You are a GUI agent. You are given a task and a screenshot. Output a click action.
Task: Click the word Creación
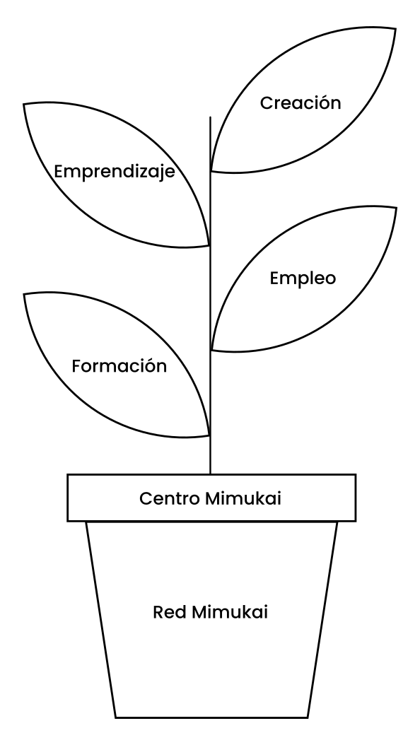coord(301,102)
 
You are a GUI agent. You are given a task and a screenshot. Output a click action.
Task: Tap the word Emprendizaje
coord(115,172)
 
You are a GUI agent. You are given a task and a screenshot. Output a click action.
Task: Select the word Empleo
coord(303,278)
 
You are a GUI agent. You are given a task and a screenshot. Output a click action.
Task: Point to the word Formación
coord(119,366)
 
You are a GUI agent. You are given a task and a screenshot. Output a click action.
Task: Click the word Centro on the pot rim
coord(170,498)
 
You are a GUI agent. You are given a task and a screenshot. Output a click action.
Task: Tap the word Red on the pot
coord(170,612)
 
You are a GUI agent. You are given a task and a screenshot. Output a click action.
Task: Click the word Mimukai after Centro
coord(244,498)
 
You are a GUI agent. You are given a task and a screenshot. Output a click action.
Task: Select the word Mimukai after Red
coord(230,612)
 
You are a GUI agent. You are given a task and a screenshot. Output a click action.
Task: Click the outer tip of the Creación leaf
coord(395,28)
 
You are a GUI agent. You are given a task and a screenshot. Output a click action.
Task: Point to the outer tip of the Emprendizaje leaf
coord(24,104)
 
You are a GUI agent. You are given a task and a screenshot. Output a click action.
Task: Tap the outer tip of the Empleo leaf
coord(396,208)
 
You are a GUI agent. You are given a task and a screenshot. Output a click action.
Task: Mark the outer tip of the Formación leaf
coord(24,295)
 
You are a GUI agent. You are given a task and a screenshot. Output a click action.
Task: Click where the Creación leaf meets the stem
coord(211,170)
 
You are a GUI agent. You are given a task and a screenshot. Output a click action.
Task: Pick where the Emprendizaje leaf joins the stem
coord(210,246)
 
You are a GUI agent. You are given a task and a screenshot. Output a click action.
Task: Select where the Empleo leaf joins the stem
coord(211,351)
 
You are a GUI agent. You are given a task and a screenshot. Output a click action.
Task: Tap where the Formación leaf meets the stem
coord(210,435)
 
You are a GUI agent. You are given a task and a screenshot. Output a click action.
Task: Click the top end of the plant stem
coord(211,117)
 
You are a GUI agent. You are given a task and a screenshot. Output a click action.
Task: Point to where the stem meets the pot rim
coord(211,474)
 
